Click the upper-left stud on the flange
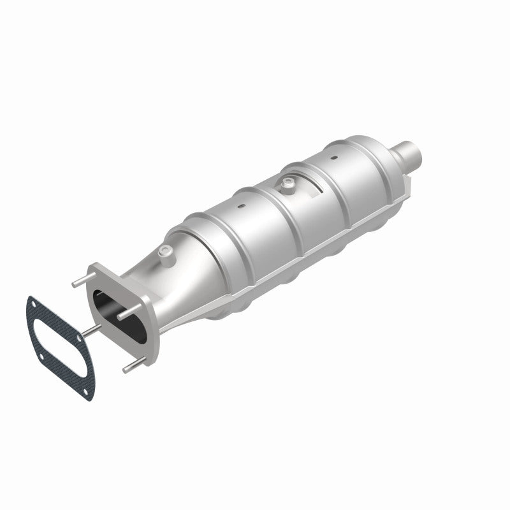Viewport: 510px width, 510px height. tap(78, 282)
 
